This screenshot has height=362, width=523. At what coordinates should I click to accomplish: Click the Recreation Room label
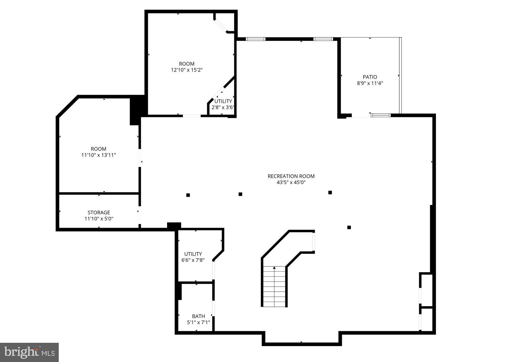tap(291, 176)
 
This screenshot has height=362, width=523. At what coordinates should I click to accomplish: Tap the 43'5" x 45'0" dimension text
tap(291, 182)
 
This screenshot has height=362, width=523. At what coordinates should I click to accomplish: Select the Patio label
tap(370, 77)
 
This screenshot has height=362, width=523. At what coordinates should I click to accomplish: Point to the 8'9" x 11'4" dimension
tap(370, 83)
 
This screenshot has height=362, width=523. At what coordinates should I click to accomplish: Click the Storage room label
tap(99, 213)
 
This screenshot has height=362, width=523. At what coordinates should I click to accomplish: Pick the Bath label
tap(198, 316)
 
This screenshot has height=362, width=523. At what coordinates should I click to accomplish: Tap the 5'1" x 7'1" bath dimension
tap(198, 322)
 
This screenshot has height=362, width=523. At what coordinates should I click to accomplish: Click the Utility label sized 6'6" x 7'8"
tap(193, 254)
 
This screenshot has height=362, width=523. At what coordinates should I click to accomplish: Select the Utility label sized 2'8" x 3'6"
tap(223, 101)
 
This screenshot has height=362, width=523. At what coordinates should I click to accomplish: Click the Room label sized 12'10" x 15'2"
tap(187, 64)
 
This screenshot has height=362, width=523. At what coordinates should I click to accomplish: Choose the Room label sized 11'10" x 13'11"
tap(99, 149)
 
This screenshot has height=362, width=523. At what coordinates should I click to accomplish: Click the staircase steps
tap(274, 286)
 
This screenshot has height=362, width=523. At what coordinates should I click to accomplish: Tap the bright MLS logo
tap(30, 352)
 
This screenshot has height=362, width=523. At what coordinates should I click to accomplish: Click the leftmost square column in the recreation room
tap(188, 195)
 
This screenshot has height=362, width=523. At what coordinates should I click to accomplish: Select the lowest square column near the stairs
tap(349, 227)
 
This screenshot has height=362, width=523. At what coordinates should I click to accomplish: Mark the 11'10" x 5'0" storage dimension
tap(99, 219)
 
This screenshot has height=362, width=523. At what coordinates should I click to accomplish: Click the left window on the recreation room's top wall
tap(256, 39)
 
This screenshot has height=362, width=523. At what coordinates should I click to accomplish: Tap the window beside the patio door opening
tap(381, 115)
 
